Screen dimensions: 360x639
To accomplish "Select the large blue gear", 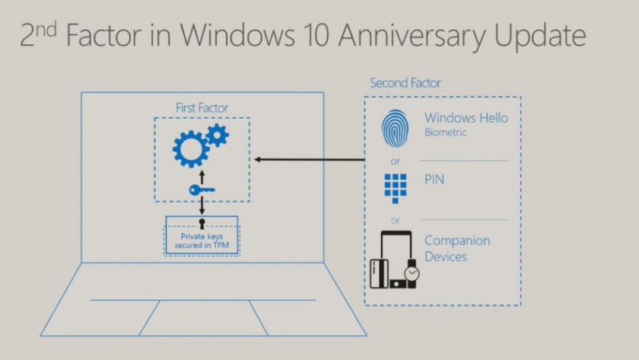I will pos(190,148).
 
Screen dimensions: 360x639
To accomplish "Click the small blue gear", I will pos(217,135).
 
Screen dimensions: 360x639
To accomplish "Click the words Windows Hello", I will pos(466,118).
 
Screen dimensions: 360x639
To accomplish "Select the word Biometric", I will pos(445,132).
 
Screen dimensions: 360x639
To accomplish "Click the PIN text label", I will pos(434,181).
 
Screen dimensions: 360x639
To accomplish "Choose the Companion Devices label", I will pos(457,249).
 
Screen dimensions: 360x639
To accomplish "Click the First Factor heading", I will pos(202,108).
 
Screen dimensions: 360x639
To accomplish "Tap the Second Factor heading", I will pos(405,82).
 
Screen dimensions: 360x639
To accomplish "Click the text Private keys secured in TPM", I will pos(202,241).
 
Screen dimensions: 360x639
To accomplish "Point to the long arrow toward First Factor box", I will pos(312,160).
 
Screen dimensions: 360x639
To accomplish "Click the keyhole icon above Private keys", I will pos(202,224).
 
